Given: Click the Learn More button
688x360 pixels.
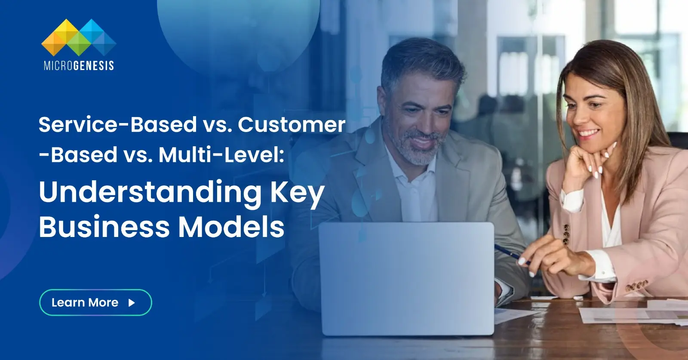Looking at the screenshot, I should (x=95, y=302).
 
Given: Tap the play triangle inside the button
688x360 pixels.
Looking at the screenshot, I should (x=132, y=303).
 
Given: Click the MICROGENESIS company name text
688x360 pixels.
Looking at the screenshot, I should (x=79, y=65).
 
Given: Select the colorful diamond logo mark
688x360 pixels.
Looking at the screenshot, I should (x=79, y=37).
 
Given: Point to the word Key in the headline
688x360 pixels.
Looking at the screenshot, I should (x=297, y=193).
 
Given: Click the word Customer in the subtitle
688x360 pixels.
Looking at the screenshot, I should (x=292, y=125).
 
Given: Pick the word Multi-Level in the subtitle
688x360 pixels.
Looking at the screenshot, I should (x=221, y=155).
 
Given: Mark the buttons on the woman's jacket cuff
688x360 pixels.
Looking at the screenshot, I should (x=636, y=285).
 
